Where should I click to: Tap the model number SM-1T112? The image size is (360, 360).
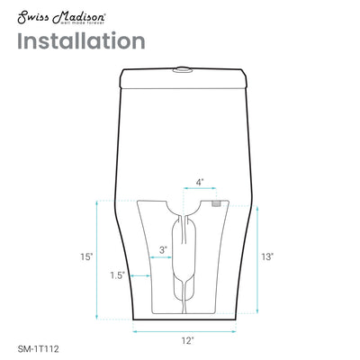tap(40, 343)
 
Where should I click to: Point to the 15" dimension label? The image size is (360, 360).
tap(85, 257)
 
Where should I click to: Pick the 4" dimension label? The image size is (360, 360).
tap(199, 181)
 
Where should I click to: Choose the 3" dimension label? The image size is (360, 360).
tap(163, 248)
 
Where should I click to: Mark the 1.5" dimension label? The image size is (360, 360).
tap(116, 275)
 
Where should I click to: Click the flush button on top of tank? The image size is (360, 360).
tap(184, 66)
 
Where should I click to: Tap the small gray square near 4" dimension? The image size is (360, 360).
tap(216, 203)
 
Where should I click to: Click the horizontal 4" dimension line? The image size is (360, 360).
tap(199, 191)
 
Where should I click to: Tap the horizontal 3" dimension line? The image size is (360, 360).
tap(163, 258)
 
